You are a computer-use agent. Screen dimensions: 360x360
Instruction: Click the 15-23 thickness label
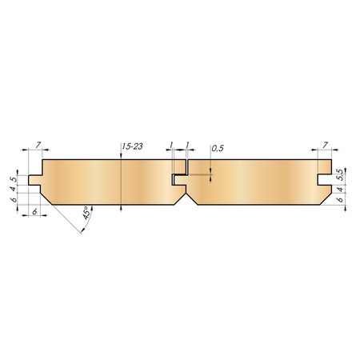[x=133, y=146]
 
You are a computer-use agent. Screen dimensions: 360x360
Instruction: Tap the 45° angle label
[x=86, y=213]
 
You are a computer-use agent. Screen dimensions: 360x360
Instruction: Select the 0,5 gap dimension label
[x=218, y=148]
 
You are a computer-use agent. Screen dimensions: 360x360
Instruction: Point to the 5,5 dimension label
[x=341, y=175]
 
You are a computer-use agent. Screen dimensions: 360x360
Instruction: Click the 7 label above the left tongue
[x=38, y=145]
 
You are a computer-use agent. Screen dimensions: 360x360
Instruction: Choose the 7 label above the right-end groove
[x=325, y=145]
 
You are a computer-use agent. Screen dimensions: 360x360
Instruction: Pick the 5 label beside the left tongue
[x=14, y=179]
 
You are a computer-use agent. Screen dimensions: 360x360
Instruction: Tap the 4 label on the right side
[x=340, y=190]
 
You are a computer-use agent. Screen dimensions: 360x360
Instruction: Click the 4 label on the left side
[x=14, y=189]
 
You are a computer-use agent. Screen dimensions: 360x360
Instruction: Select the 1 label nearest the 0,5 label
[x=187, y=145]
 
